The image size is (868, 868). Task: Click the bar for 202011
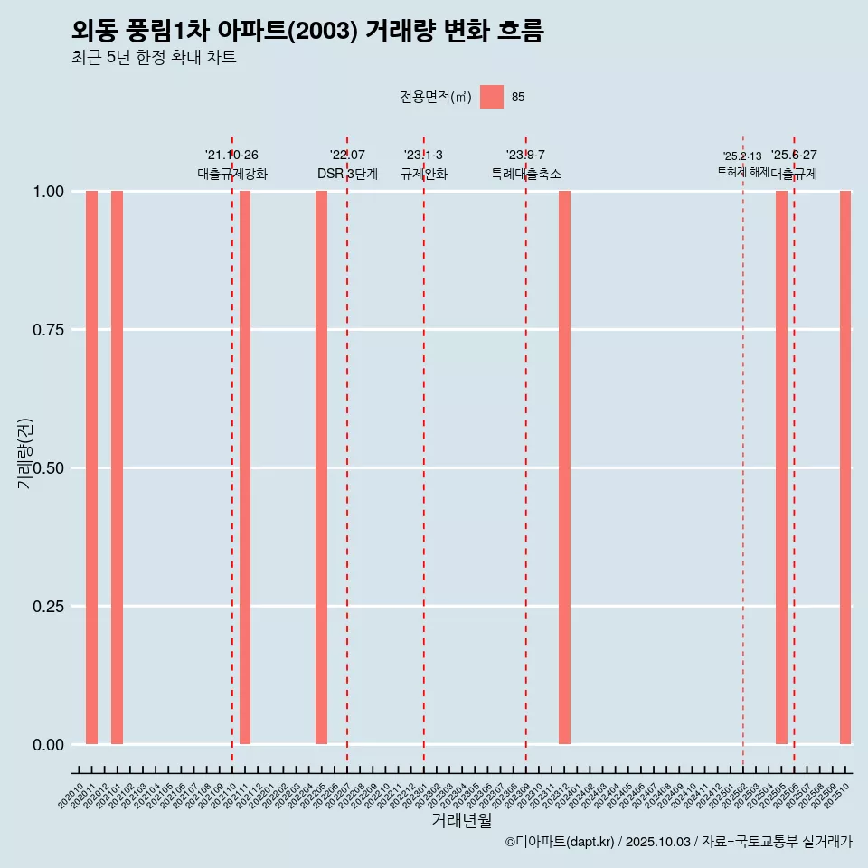point(91,467)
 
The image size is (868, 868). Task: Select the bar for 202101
point(117,467)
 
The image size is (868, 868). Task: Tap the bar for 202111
point(245,467)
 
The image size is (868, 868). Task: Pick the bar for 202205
point(321,467)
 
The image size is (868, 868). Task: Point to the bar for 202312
point(564,467)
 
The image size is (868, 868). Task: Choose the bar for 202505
point(781,467)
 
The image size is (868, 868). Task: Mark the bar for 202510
point(845,467)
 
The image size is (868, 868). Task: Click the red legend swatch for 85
point(492,97)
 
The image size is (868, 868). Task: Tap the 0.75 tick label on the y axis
point(47,330)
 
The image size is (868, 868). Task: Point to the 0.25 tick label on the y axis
point(47,607)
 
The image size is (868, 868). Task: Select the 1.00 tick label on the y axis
point(47,192)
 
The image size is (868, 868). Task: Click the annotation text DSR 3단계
point(347,174)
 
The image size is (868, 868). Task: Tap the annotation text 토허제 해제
point(742,172)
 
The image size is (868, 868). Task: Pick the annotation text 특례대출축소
point(525,174)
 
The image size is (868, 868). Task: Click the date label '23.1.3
point(423,156)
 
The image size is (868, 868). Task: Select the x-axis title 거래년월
point(461,820)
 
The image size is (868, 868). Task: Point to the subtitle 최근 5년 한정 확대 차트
point(154,58)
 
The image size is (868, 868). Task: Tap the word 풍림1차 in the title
point(172,31)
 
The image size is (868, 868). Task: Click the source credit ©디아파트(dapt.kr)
point(560,842)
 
